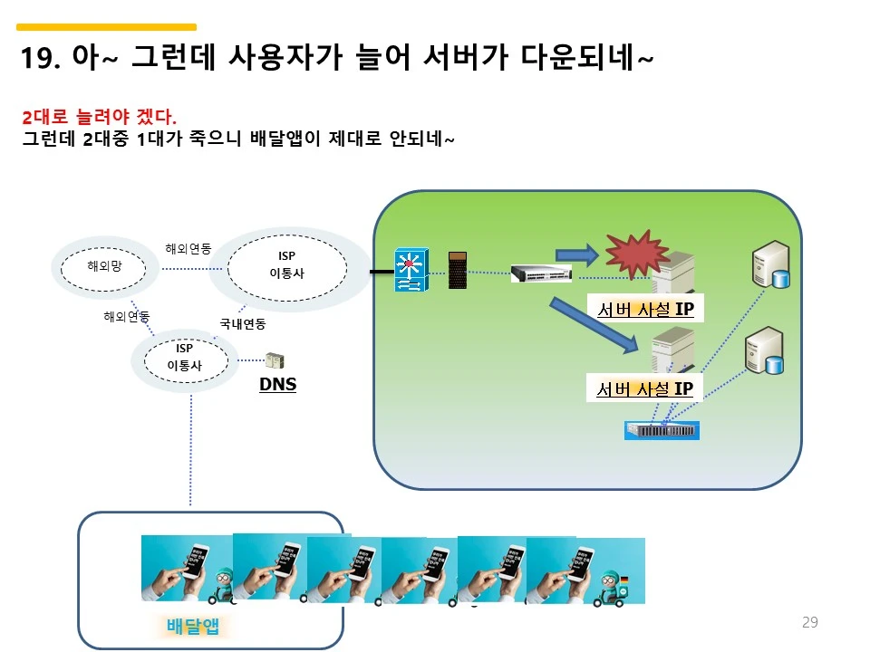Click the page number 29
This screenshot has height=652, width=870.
pos(810,622)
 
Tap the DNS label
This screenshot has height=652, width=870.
pos(277,385)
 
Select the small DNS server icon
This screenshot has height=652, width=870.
pos(275,360)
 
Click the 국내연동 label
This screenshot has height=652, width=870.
pos(242,323)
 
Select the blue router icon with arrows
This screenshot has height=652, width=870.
pos(410,270)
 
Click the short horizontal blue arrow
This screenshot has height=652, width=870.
pos(575,251)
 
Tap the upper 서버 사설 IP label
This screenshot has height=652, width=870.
pos(644,310)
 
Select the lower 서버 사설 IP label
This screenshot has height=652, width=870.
pos(644,389)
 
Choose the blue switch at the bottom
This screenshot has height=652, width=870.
pos(662,430)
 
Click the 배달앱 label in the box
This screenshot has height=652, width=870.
pos(194,627)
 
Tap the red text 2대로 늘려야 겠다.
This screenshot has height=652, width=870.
pos(100,118)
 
